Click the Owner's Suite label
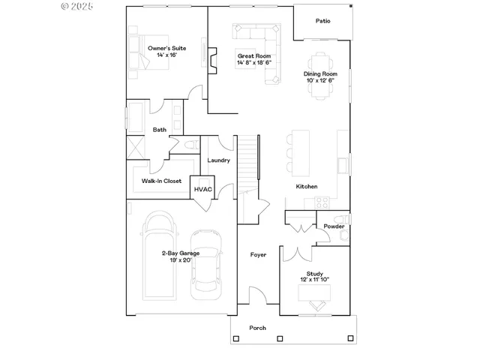click(x=166, y=52)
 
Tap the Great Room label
click(x=253, y=60)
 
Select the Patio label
click(x=322, y=21)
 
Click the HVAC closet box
click(x=203, y=189)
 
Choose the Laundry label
click(x=218, y=160)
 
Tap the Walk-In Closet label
click(x=161, y=181)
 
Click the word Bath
click(x=160, y=130)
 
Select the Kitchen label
click(x=307, y=186)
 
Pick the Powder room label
click(x=334, y=226)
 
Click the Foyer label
click(x=258, y=255)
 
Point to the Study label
click(x=314, y=277)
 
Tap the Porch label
click(x=257, y=328)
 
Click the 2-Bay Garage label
click(x=180, y=257)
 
